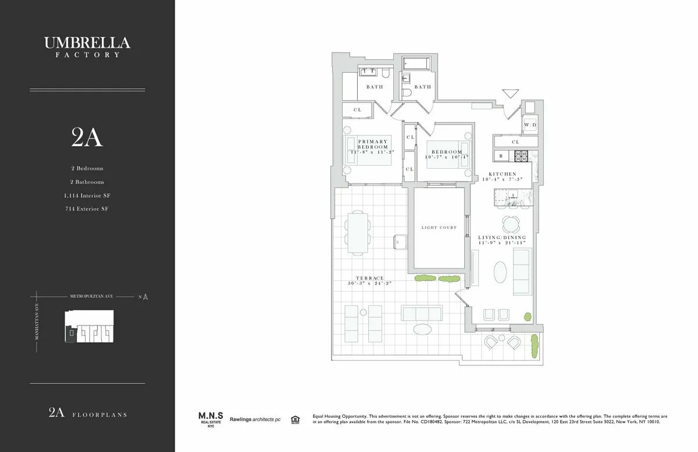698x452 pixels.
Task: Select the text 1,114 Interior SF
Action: click(x=87, y=195)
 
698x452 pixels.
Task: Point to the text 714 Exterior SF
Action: click(x=87, y=209)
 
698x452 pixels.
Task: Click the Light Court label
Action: click(x=439, y=227)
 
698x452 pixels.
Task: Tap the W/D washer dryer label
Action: click(x=529, y=125)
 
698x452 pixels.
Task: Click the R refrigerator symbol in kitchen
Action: click(x=501, y=156)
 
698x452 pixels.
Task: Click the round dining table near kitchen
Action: click(x=512, y=223)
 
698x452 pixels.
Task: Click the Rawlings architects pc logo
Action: click(x=255, y=419)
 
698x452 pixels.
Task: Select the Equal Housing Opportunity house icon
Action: click(x=295, y=419)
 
